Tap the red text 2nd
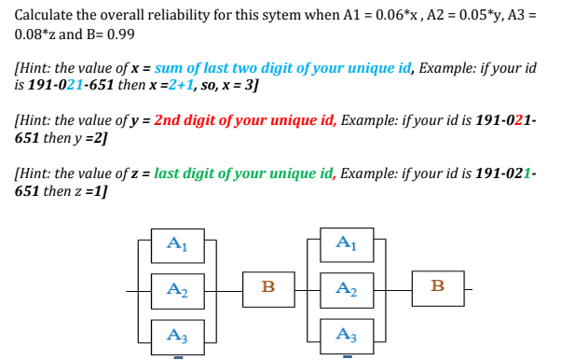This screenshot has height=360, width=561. tap(172, 120)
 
